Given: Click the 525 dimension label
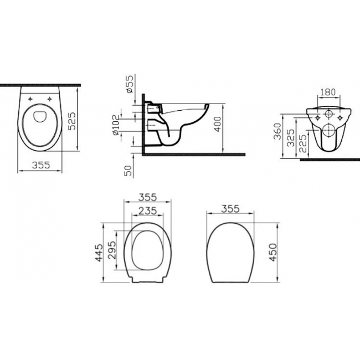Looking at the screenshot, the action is pyautogui.click(x=72, y=121).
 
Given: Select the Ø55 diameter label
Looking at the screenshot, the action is pyautogui.click(x=130, y=84).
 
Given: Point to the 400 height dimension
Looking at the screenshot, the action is pyautogui.click(x=217, y=124).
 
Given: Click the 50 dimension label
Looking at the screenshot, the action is pyautogui.click(x=128, y=171).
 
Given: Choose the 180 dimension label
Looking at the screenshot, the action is pyautogui.click(x=328, y=92).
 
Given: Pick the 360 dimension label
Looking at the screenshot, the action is pyautogui.click(x=277, y=131).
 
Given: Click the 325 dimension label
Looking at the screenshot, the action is pyautogui.click(x=291, y=138).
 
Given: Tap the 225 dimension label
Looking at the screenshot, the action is pyautogui.click(x=303, y=143).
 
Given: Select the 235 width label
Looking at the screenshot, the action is pyautogui.click(x=148, y=210).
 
